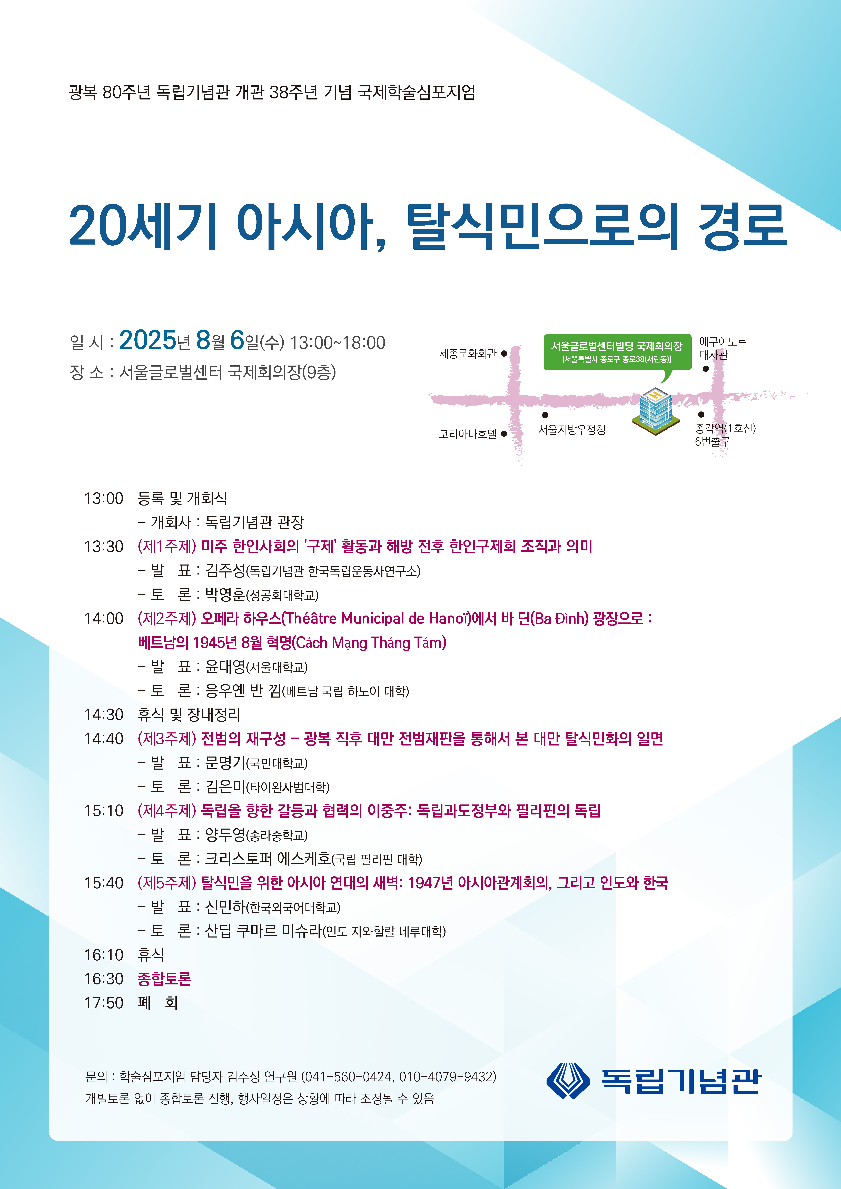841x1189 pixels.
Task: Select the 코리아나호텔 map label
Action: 467,434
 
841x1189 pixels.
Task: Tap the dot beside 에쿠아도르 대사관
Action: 705,369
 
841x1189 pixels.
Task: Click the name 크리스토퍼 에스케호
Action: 267,859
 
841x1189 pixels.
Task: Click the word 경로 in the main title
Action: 743,226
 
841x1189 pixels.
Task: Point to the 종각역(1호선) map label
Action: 725,428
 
